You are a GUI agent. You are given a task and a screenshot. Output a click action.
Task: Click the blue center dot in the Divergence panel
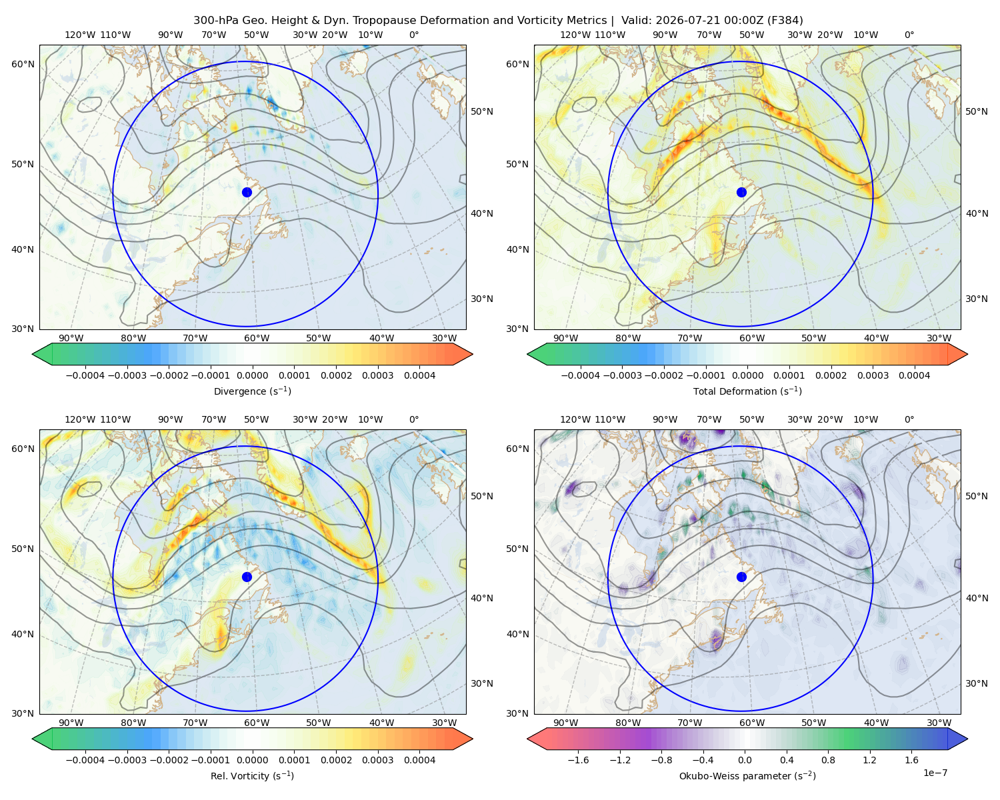point(247,193)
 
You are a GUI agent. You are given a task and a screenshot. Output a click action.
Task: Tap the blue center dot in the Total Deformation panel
point(741,193)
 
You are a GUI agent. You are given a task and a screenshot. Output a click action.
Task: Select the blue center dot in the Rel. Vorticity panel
point(247,577)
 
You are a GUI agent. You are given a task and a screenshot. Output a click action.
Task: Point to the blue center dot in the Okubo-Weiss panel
point(741,577)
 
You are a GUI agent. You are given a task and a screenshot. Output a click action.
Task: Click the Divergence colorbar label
point(252,391)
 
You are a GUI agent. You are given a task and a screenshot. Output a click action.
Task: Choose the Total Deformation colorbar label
point(747,391)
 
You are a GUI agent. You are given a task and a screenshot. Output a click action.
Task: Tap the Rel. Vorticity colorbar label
point(252,776)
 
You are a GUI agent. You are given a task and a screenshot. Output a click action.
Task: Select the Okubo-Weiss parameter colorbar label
point(747,776)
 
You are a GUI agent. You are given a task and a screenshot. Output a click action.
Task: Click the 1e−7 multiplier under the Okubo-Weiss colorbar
point(935,773)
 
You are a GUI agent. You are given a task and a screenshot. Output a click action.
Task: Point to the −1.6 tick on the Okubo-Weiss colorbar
point(578,760)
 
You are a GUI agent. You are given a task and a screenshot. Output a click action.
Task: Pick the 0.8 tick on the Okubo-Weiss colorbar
point(828,760)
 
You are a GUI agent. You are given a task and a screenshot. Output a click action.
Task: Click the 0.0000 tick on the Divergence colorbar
point(252,375)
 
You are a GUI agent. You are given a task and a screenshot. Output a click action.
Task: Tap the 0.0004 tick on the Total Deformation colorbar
point(915,375)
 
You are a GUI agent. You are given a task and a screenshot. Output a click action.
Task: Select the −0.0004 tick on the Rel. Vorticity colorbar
point(85,760)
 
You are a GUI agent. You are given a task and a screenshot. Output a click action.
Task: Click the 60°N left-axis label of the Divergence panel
point(23,64)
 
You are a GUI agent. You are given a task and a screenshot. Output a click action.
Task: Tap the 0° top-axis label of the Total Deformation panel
point(909,35)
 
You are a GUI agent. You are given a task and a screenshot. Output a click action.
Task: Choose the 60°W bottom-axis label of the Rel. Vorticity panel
point(257,723)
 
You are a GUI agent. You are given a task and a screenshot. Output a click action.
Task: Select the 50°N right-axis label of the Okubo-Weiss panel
point(977,496)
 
